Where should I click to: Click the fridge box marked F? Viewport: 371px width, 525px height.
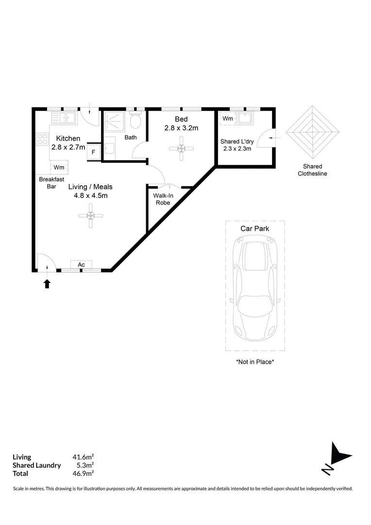(x=93, y=152)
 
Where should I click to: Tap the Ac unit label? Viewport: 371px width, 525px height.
(x=81, y=264)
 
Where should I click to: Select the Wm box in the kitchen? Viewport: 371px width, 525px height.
(x=59, y=167)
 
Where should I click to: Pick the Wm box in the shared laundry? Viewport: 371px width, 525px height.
(x=228, y=119)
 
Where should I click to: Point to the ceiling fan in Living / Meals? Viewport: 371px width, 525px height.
(x=90, y=216)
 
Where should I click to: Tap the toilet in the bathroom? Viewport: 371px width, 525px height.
(x=135, y=120)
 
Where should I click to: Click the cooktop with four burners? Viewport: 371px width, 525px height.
(x=42, y=139)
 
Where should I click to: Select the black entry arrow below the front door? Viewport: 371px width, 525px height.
(x=47, y=283)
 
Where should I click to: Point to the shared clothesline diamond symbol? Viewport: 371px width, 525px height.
(x=312, y=132)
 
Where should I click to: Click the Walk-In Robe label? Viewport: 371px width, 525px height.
(x=163, y=199)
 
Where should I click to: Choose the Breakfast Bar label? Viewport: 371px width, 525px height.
(x=51, y=183)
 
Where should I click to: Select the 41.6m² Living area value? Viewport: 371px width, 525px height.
(x=84, y=457)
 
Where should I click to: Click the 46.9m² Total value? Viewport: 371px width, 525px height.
(x=84, y=473)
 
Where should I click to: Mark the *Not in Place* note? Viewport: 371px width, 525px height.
(x=255, y=362)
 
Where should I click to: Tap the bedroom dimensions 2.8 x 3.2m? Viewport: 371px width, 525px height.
(x=181, y=128)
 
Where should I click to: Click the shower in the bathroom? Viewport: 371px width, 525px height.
(x=114, y=121)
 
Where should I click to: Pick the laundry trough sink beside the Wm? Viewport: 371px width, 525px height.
(x=245, y=118)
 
